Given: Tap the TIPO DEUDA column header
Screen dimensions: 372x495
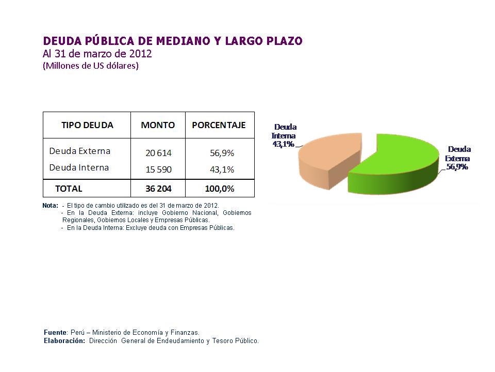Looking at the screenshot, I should coord(87,125).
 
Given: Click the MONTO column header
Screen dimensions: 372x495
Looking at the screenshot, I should coord(158,125).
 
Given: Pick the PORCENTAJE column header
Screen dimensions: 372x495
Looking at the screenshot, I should coord(219,125).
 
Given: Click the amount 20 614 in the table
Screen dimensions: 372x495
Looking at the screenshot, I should coord(158,153).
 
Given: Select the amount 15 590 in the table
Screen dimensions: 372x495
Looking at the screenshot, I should coord(158,169).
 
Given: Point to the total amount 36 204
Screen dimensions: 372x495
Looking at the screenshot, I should coord(158,189).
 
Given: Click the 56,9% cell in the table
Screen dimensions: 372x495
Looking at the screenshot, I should coord(222,153).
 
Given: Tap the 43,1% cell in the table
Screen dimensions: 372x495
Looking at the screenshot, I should coord(222,169).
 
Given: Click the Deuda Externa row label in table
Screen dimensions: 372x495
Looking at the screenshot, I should coord(80,151).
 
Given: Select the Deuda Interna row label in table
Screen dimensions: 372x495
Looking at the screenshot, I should coord(79,167).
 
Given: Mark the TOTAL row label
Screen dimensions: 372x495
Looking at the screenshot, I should coord(69,189).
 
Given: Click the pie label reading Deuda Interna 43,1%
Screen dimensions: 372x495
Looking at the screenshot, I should coord(285,135).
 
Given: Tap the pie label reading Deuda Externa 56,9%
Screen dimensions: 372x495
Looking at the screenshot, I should coord(458,158).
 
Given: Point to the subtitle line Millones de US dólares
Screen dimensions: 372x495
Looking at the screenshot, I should coord(91,66).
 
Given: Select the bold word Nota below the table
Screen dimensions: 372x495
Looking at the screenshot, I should coord(51,205).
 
